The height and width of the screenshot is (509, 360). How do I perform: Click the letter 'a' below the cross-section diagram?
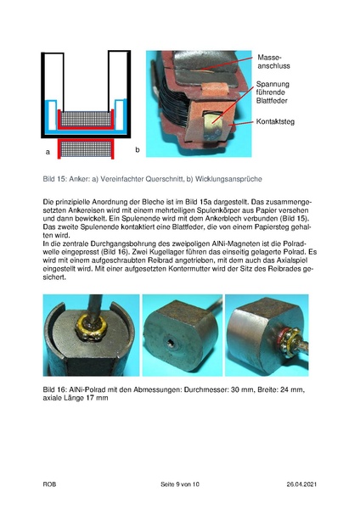point(48,151)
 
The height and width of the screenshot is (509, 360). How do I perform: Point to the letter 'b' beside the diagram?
point(136,150)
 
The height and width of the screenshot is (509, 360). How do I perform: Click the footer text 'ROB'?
point(50,484)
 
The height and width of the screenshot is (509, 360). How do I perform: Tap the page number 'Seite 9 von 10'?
point(179,484)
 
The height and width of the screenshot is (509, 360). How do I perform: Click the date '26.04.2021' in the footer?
point(298,484)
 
